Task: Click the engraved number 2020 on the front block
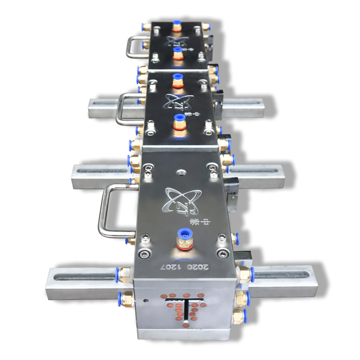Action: point(198,267)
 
